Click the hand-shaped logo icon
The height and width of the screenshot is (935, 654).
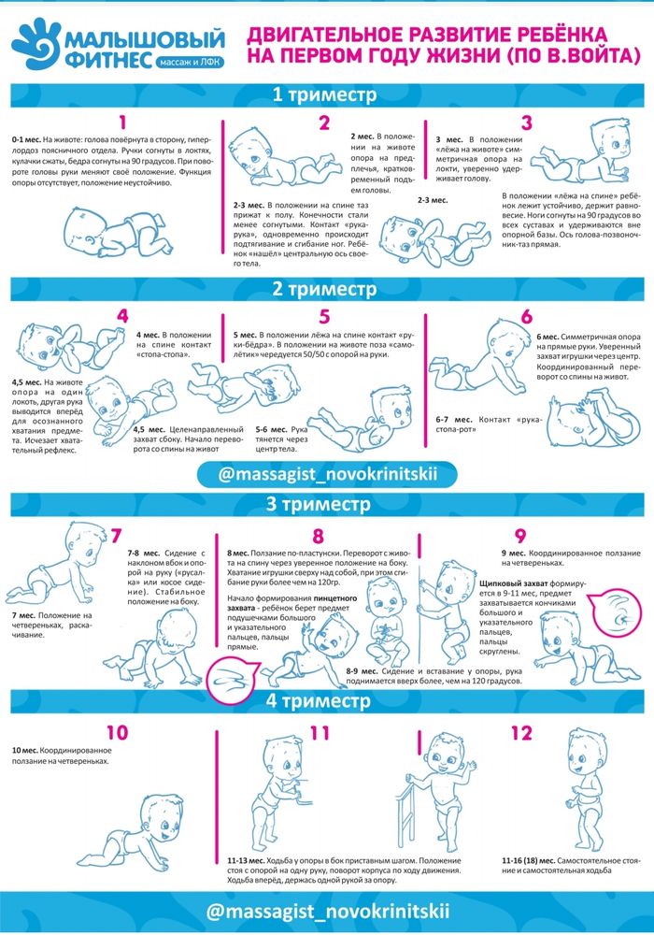pos(36,44)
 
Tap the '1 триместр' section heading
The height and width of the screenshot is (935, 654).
pos(324,94)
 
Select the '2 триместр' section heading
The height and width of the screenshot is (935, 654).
pos(324,289)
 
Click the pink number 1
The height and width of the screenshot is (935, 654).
pos(122,122)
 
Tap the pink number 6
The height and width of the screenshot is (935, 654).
pos(526,317)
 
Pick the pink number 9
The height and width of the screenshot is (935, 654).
pos(520,536)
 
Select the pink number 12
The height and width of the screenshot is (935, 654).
pos(521,733)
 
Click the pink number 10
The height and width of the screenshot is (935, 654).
pos(118,732)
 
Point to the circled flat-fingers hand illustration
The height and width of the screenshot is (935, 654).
pos(233,681)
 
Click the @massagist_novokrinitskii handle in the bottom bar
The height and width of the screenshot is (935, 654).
pos(327,912)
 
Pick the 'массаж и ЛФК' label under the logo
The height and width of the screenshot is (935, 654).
pos(191,62)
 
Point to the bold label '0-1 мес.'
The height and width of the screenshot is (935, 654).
pos(27,139)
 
